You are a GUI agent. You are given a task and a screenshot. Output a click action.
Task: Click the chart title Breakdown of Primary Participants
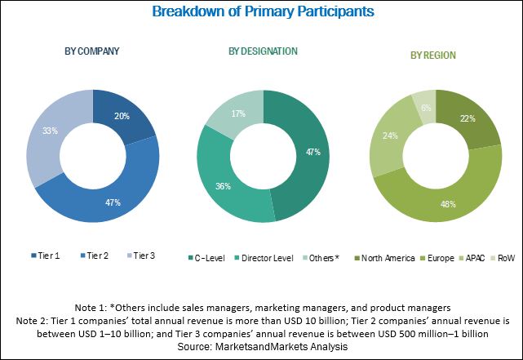click(261, 11)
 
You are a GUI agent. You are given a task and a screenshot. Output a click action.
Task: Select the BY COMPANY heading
click(91, 51)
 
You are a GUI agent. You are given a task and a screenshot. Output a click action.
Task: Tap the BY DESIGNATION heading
click(263, 51)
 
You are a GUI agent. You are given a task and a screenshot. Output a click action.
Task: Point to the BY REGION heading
click(432, 56)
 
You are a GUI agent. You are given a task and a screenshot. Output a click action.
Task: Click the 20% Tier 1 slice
click(122, 117)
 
